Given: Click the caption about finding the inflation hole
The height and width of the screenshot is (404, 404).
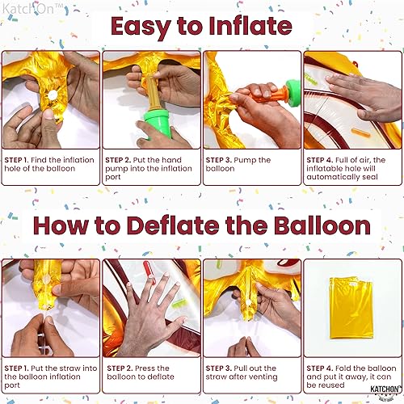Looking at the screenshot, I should (x=49, y=165).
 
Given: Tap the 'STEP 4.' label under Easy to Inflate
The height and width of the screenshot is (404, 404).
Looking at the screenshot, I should (x=323, y=160).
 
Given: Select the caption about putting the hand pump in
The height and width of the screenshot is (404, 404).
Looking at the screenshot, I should (x=149, y=165).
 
